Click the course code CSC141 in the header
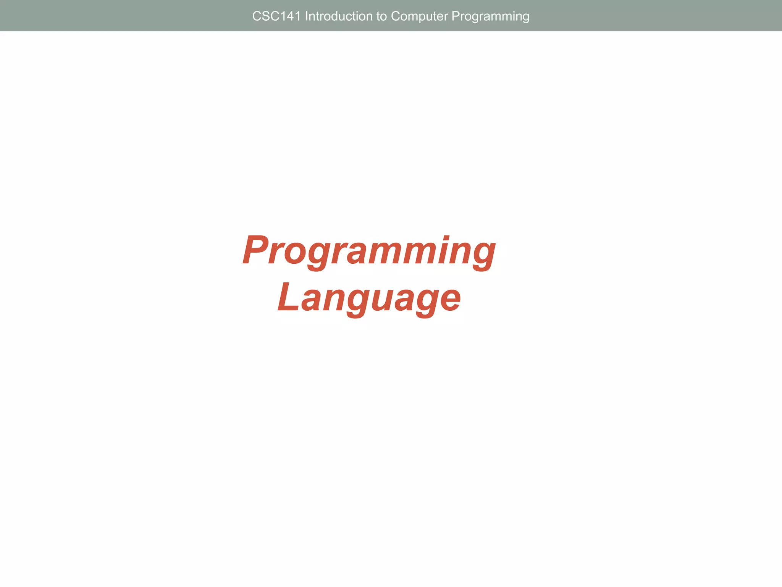276,16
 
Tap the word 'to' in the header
381,16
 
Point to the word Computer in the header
419,16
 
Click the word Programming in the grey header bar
490,16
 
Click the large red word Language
369,298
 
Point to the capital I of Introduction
307,16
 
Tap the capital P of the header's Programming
456,16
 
